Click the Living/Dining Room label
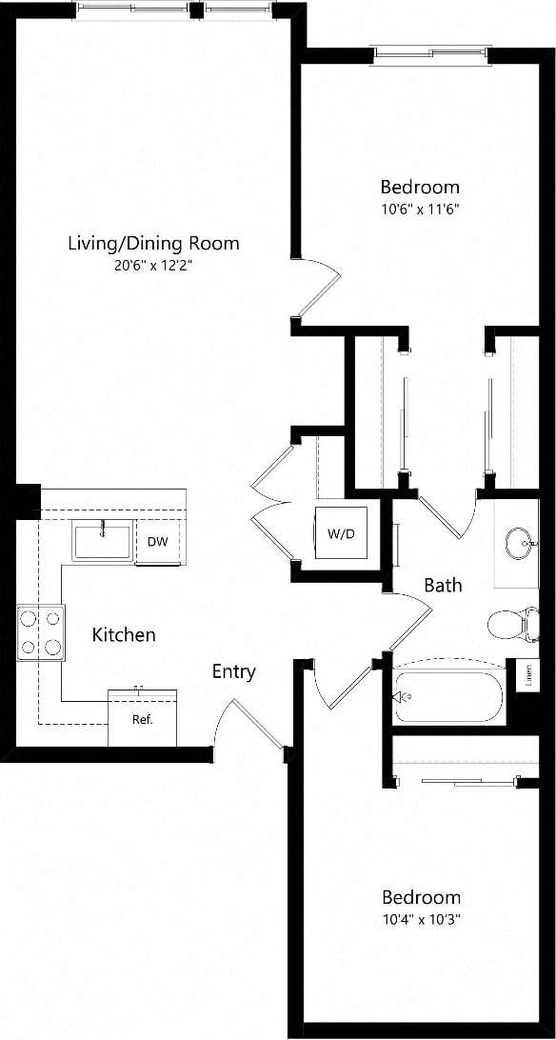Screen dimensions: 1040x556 point(153,243)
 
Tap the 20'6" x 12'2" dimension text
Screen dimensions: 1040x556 point(153,267)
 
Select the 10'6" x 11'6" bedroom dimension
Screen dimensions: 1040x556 point(420,210)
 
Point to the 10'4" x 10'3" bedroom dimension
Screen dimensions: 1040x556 point(421,920)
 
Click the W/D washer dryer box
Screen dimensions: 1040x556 point(340,534)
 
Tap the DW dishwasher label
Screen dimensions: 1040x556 point(158,542)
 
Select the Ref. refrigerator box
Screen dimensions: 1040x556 point(142,717)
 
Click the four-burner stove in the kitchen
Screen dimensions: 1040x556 point(41,633)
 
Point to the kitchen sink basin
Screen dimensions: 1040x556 point(103,541)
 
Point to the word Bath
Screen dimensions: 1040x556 point(443,585)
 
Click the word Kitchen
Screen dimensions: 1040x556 point(124,634)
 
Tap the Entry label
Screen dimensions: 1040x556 point(233,671)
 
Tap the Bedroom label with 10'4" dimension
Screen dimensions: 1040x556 point(421,897)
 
